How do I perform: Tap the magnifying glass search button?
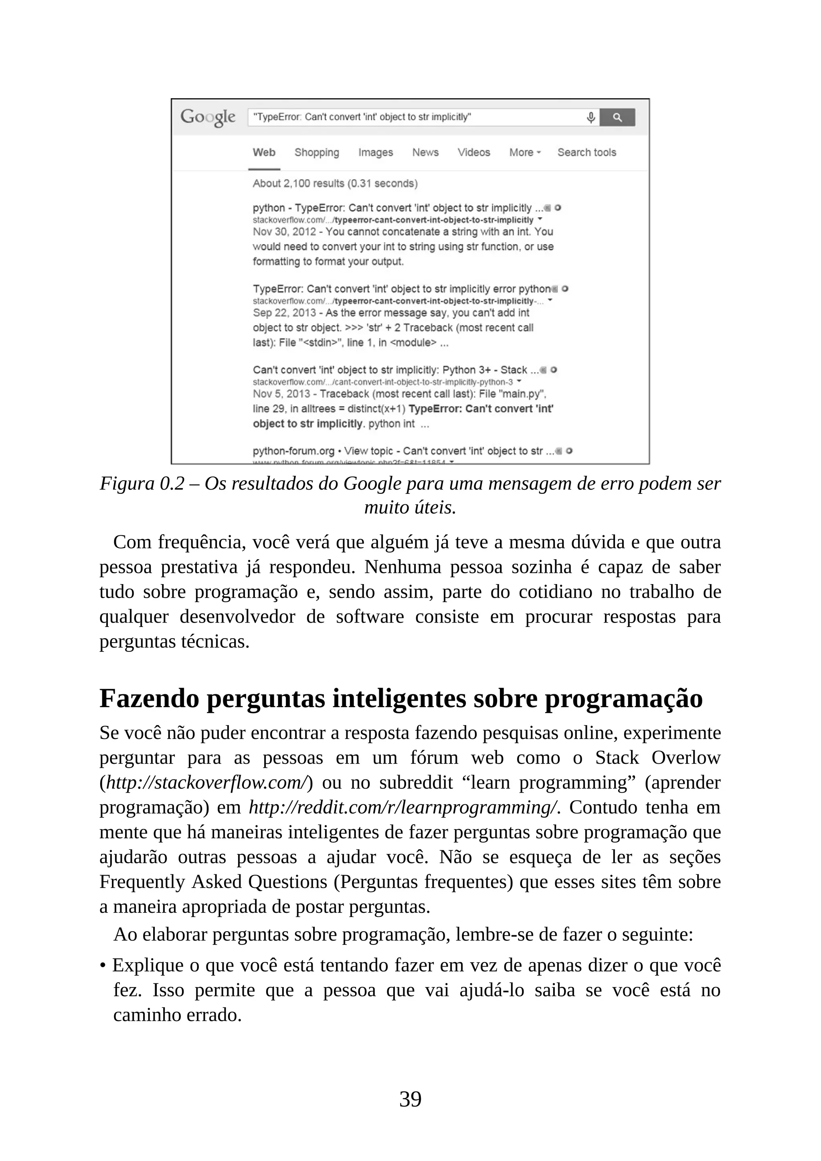(x=617, y=117)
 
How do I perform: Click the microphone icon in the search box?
(x=590, y=117)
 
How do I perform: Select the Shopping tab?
(x=316, y=152)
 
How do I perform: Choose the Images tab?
(x=375, y=152)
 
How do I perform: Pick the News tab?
(x=425, y=152)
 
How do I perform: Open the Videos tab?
(x=474, y=152)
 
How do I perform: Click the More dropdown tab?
(x=524, y=152)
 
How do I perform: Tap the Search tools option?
(x=586, y=152)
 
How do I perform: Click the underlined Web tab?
(x=264, y=152)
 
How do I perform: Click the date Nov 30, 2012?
(x=284, y=232)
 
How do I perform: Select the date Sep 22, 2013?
(x=284, y=312)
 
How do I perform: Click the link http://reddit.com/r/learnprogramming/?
(x=403, y=807)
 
